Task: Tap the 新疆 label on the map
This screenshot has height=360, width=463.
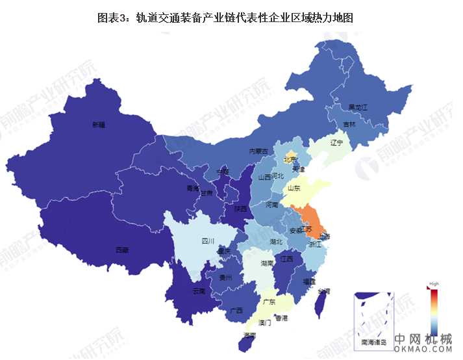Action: tap(98, 123)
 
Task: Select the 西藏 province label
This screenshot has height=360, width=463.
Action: tap(121, 250)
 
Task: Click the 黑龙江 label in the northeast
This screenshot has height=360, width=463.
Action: tap(358, 107)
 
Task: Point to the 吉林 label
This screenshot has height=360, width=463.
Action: tap(349, 124)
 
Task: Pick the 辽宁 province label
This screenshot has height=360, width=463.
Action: tap(336, 142)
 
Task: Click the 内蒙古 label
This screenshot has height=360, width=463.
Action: tap(258, 151)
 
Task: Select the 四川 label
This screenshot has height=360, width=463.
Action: tap(208, 241)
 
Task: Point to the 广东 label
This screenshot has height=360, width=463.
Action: tap(268, 302)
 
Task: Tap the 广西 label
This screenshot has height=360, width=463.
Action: tap(236, 309)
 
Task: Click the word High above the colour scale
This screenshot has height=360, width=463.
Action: tap(434, 284)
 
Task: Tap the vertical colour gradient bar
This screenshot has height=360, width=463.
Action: tap(434, 309)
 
